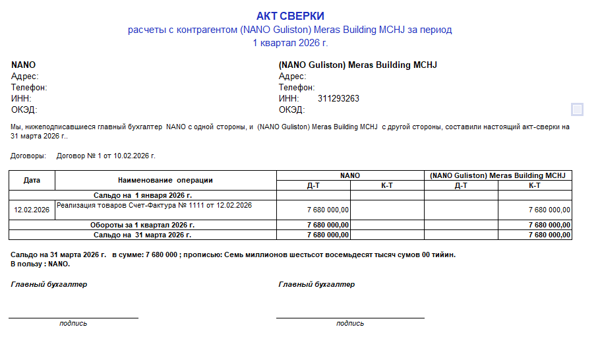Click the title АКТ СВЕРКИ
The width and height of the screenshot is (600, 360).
point(290,16)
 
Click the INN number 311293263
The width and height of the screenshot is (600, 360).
point(338,99)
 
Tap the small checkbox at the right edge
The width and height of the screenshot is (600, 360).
point(577,109)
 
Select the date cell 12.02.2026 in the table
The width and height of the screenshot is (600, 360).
point(32,210)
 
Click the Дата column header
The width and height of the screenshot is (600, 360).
point(32,180)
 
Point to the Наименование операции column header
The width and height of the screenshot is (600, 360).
point(165,180)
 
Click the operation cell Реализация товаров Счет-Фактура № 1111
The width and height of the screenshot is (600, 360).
point(154,206)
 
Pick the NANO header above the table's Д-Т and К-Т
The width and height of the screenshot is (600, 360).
point(350,175)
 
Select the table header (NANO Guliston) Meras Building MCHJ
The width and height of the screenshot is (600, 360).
point(498,175)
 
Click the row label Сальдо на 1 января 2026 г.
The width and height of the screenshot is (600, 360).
point(142,195)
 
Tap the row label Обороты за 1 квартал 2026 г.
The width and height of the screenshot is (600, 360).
point(142,225)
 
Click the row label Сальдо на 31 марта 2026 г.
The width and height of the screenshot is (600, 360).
point(142,235)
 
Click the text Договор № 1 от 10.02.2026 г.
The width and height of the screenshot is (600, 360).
point(106,156)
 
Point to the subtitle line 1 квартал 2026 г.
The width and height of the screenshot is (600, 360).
point(290,43)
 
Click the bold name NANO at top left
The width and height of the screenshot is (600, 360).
point(24,65)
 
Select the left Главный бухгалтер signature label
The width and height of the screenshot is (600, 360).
point(49,284)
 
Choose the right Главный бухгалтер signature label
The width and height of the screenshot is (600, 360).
point(316,284)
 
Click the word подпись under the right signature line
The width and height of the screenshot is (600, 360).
point(349,323)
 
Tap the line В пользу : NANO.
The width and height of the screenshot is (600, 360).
point(40,264)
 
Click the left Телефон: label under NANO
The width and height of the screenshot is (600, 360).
point(29,88)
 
